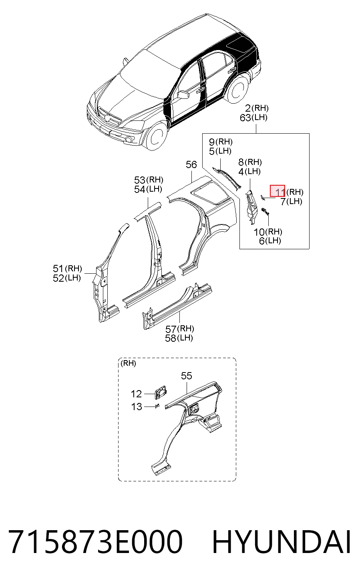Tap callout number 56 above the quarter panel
pos(191,164)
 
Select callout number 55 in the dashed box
pos(187,376)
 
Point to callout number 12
pos(136,394)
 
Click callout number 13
pos(136,407)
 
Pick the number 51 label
pos(58,268)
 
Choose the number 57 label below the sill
pos(171,329)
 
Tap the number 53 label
pos(139,180)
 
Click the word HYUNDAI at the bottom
pos(282,541)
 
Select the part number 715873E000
pos(95,541)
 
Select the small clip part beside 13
pos(157,406)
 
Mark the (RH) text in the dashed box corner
pos(128,363)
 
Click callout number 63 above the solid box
pos(245,118)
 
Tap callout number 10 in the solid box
pos(259,232)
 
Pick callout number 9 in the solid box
pos(212,142)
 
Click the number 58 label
pos(171,338)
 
